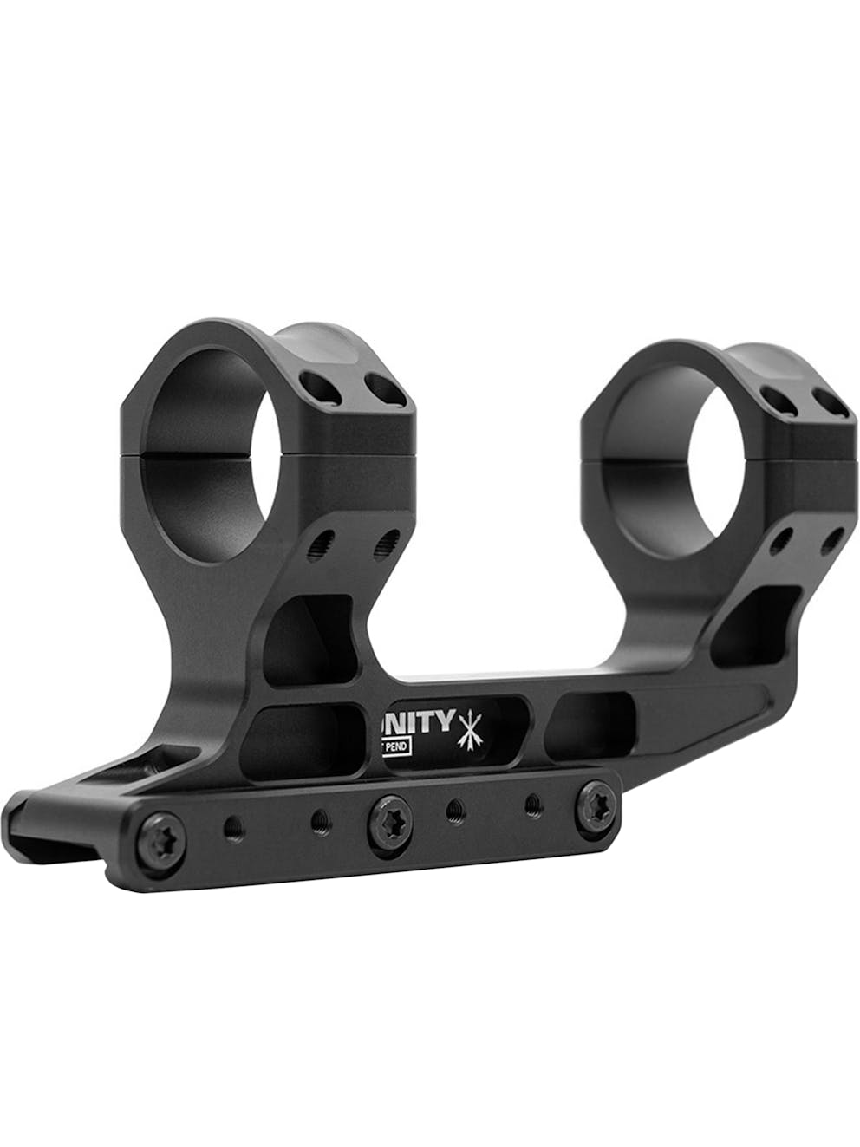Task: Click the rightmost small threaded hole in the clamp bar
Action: click(530, 806)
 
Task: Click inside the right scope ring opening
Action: click(668, 451)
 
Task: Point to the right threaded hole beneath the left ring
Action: click(382, 544)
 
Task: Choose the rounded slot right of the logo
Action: click(590, 718)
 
